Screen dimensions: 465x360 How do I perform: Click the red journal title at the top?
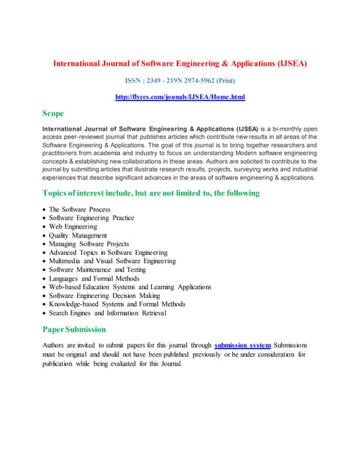pyautogui.click(x=180, y=64)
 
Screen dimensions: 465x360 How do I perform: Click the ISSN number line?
pyautogui.click(x=180, y=81)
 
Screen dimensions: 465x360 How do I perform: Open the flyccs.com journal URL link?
pyautogui.click(x=180, y=97)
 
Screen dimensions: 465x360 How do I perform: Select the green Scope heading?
pyautogui.click(x=54, y=113)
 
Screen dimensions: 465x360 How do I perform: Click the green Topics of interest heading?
pyautogui.click(x=151, y=193)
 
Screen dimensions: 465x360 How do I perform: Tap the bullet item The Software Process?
pyautogui.click(x=79, y=209)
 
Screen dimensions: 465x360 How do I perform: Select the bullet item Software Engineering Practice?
pyautogui.click(x=91, y=218)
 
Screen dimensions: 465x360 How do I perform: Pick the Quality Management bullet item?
pyautogui.click(x=78, y=235)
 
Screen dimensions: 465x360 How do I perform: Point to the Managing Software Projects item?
pyautogui.click(x=89, y=244)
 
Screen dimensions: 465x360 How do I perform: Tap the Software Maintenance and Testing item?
pyautogui.click(x=97, y=270)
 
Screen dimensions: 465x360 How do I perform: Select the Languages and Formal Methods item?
pyautogui.click(x=93, y=278)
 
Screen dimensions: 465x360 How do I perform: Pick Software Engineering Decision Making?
pyautogui.click(x=104, y=296)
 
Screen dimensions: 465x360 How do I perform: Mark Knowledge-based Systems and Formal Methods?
pyautogui.click(x=116, y=304)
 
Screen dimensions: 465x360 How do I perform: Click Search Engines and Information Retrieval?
pyautogui.click(x=108, y=313)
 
